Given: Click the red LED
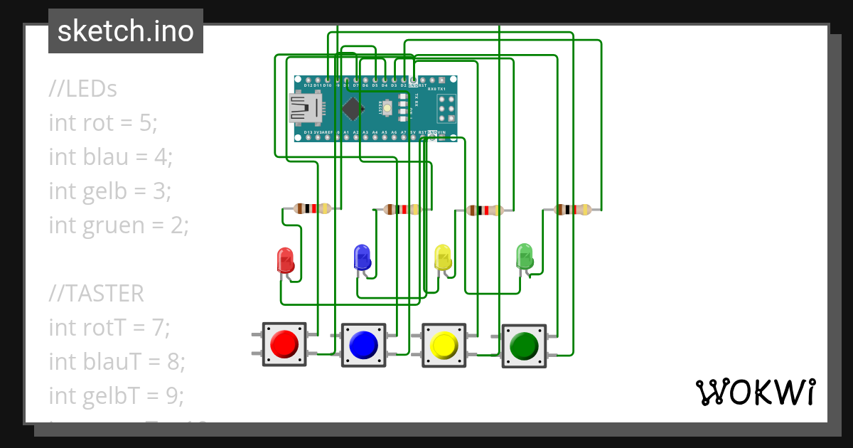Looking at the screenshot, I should [x=285, y=260].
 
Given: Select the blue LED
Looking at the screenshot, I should [x=362, y=257].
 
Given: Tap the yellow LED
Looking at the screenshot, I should [x=442, y=257].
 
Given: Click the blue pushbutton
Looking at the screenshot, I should [x=363, y=345].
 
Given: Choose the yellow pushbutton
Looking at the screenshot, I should [x=444, y=345].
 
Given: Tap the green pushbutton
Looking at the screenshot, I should [x=524, y=346].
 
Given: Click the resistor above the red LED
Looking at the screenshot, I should [x=313, y=208].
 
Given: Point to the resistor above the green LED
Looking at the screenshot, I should [x=572, y=209].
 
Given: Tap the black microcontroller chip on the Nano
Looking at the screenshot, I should [x=352, y=109].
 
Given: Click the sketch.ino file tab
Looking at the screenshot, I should [x=126, y=31].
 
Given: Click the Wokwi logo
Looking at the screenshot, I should [x=755, y=392].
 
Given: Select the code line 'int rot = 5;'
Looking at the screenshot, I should [x=103, y=123].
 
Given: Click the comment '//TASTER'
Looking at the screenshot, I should [x=96, y=293].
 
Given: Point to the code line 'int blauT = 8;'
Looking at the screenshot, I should [x=117, y=361].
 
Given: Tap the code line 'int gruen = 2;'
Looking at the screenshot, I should [x=119, y=225].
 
